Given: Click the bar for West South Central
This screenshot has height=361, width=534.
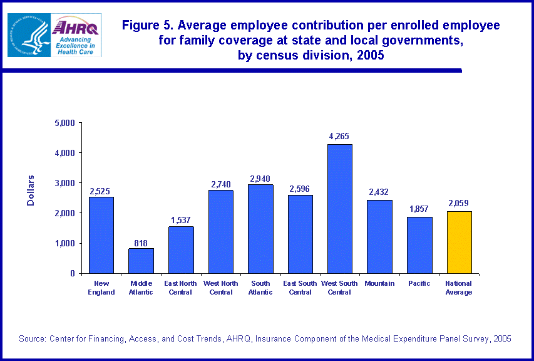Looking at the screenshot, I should click(339, 209).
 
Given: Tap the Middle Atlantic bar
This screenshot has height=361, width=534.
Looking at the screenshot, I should click(141, 261).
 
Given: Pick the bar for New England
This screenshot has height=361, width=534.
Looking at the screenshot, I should click(101, 235).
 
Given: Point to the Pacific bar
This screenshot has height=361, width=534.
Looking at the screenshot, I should click(419, 245).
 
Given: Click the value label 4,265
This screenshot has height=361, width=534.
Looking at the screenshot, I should click(339, 136).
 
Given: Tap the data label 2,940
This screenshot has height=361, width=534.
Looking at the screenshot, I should click(260, 178).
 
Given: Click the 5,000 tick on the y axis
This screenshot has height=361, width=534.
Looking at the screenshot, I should click(64, 123).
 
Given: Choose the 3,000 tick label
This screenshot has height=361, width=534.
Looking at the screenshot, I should click(64, 183).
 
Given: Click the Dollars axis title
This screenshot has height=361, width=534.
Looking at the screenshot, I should click(31, 191).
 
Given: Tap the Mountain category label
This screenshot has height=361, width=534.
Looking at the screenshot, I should click(379, 283).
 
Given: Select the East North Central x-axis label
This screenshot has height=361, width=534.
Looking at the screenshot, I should click(180, 288).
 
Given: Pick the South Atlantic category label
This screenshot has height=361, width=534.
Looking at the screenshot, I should click(260, 288).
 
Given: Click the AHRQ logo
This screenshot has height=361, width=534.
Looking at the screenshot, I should click(76, 35).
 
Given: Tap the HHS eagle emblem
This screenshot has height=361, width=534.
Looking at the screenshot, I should click(29, 35).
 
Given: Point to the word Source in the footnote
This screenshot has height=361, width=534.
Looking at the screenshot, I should click(32, 338).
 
